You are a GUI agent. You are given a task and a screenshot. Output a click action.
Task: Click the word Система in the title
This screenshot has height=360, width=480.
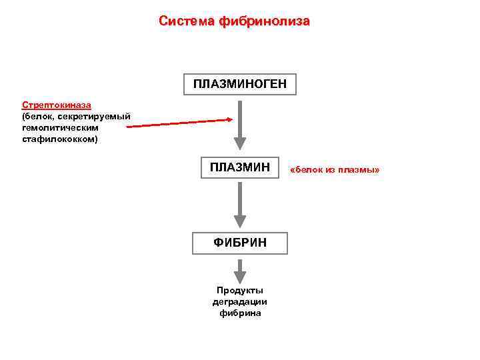pyautogui.click(x=187, y=21)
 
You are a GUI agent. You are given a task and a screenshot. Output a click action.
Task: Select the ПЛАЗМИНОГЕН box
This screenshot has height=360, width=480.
pyautogui.click(x=240, y=84)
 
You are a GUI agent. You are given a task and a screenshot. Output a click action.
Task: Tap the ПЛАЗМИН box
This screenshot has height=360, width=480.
pyautogui.click(x=240, y=167)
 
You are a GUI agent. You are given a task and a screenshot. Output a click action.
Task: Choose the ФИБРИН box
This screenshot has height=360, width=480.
pyautogui.click(x=240, y=243)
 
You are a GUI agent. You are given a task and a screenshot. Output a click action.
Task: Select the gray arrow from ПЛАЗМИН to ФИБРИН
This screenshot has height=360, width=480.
pyautogui.click(x=240, y=205)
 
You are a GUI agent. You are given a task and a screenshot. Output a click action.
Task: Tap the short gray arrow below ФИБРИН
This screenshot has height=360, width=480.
pyautogui.click(x=240, y=269)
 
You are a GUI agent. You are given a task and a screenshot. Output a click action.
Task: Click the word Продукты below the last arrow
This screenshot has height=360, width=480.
pyautogui.click(x=240, y=291)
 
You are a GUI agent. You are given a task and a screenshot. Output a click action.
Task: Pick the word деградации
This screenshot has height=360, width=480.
pyautogui.click(x=240, y=302)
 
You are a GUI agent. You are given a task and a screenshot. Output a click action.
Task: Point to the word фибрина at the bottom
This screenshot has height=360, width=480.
pyautogui.click(x=240, y=313)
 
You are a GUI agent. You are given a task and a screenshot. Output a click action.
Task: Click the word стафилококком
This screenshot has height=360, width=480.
pyautogui.click(x=60, y=139)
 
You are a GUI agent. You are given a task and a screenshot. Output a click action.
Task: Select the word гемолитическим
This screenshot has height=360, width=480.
pyautogui.click(x=60, y=128)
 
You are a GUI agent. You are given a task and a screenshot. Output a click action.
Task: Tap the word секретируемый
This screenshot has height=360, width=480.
pyautogui.click(x=93, y=117)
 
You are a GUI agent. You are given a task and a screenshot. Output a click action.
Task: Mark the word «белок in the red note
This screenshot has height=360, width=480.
pyautogui.click(x=307, y=171)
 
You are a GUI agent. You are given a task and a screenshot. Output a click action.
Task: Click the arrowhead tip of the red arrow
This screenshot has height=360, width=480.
pyautogui.click(x=231, y=120)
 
